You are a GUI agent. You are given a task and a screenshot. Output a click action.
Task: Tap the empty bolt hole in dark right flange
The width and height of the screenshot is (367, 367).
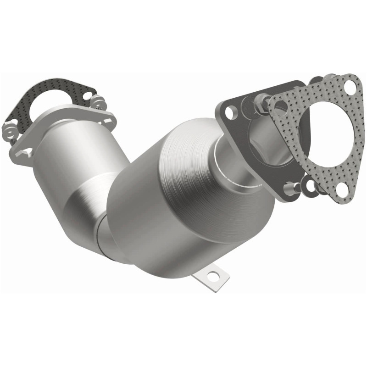tap(232, 111)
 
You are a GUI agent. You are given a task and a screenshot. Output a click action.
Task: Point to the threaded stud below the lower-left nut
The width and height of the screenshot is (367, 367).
tap(14, 136)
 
